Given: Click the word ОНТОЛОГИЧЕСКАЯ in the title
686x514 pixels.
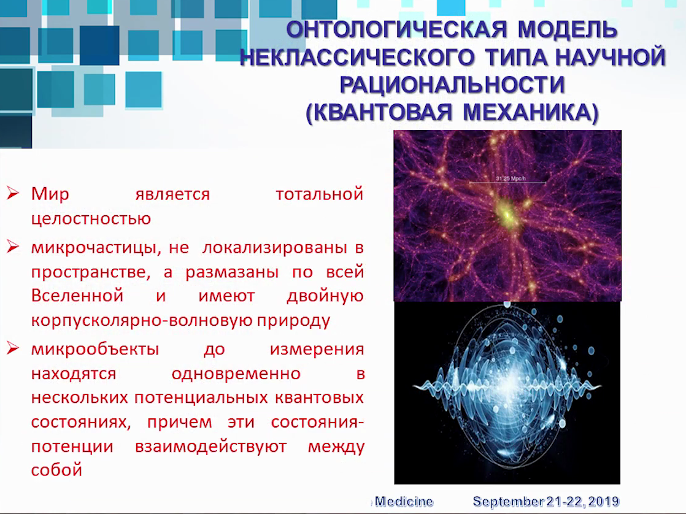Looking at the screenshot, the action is click(x=396, y=29).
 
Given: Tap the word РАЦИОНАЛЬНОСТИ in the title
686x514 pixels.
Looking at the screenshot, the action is click(x=452, y=85).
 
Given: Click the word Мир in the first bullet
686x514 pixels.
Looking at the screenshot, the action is click(x=50, y=194).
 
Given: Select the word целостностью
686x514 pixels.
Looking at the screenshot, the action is click(x=91, y=218).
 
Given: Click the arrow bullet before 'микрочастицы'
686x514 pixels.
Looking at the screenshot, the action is click(x=13, y=247).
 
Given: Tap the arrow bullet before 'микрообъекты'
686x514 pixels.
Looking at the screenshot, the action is click(x=13, y=348).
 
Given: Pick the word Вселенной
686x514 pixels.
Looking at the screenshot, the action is click(x=77, y=296).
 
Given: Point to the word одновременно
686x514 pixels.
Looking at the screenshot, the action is click(x=236, y=374).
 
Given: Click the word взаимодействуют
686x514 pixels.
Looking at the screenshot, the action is click(x=210, y=447).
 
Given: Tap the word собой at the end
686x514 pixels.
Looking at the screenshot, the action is click(x=56, y=470).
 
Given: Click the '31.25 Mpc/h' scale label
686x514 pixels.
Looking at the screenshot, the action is click(x=511, y=178).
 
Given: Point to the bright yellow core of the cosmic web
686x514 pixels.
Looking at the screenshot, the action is click(x=507, y=213).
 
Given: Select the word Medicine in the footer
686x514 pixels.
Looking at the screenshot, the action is click(x=404, y=501).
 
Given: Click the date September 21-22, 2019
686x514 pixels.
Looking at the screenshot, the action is click(x=546, y=501).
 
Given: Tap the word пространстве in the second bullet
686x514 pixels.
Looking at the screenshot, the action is click(x=91, y=272).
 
